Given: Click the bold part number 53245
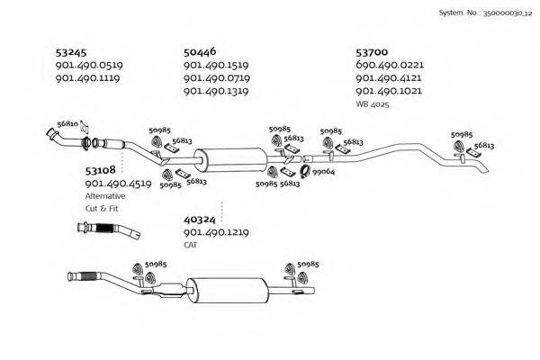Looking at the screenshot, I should pyautogui.click(x=71, y=52).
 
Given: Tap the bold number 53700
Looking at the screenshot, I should pyautogui.click(x=373, y=52).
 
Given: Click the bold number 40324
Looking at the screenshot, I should pyautogui.click(x=200, y=219).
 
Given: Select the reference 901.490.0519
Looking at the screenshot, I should pyautogui.click(x=89, y=66).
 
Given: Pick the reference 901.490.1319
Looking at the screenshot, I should pyautogui.click(x=216, y=91).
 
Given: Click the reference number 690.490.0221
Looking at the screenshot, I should pyautogui.click(x=390, y=66).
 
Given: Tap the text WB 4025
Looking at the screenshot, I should pyautogui.click(x=373, y=104).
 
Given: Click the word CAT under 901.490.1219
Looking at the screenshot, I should pyautogui.click(x=190, y=245).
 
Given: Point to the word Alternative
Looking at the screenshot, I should pyautogui.click(x=106, y=195).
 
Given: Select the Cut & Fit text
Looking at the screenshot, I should pyautogui.click(x=102, y=208).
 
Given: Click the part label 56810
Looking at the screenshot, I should pyautogui.click(x=67, y=122).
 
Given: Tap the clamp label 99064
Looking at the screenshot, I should pyautogui.click(x=324, y=171).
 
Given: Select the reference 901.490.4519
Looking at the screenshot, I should pyautogui.click(x=117, y=183).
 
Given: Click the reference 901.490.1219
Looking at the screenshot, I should pyautogui.click(x=216, y=232).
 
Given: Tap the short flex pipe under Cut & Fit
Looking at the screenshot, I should pyautogui.click(x=109, y=231).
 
